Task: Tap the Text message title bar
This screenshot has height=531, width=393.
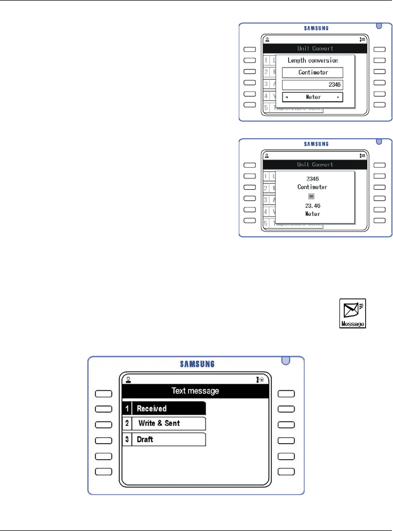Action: coord(195,391)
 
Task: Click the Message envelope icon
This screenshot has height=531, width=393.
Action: coord(353,313)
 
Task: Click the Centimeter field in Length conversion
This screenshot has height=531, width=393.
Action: coord(313,72)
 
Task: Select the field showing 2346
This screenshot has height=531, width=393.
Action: coord(313,85)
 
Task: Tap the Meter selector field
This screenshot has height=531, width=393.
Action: coord(313,97)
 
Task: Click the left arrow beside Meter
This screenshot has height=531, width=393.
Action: coord(288,97)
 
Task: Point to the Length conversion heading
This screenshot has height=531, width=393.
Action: coord(313,61)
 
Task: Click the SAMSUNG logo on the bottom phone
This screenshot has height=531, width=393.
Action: coord(196,364)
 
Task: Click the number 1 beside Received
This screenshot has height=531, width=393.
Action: coord(127,409)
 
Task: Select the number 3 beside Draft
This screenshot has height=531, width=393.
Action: coord(127,439)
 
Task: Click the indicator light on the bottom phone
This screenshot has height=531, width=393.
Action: coord(286,359)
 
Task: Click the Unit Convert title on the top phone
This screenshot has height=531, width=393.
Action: coord(315,49)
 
